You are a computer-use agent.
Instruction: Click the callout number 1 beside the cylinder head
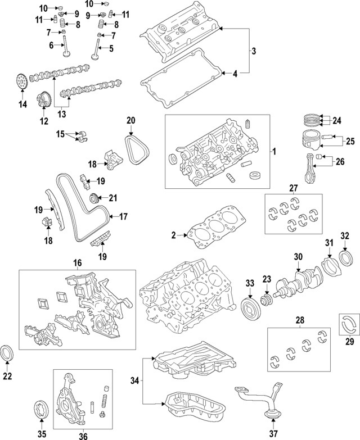pos(274,152)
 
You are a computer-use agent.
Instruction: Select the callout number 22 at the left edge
pos(7,377)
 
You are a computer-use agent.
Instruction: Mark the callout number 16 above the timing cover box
pos(77,262)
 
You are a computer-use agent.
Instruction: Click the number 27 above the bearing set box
pos(292,188)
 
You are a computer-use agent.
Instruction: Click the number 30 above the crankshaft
pos(299,256)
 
